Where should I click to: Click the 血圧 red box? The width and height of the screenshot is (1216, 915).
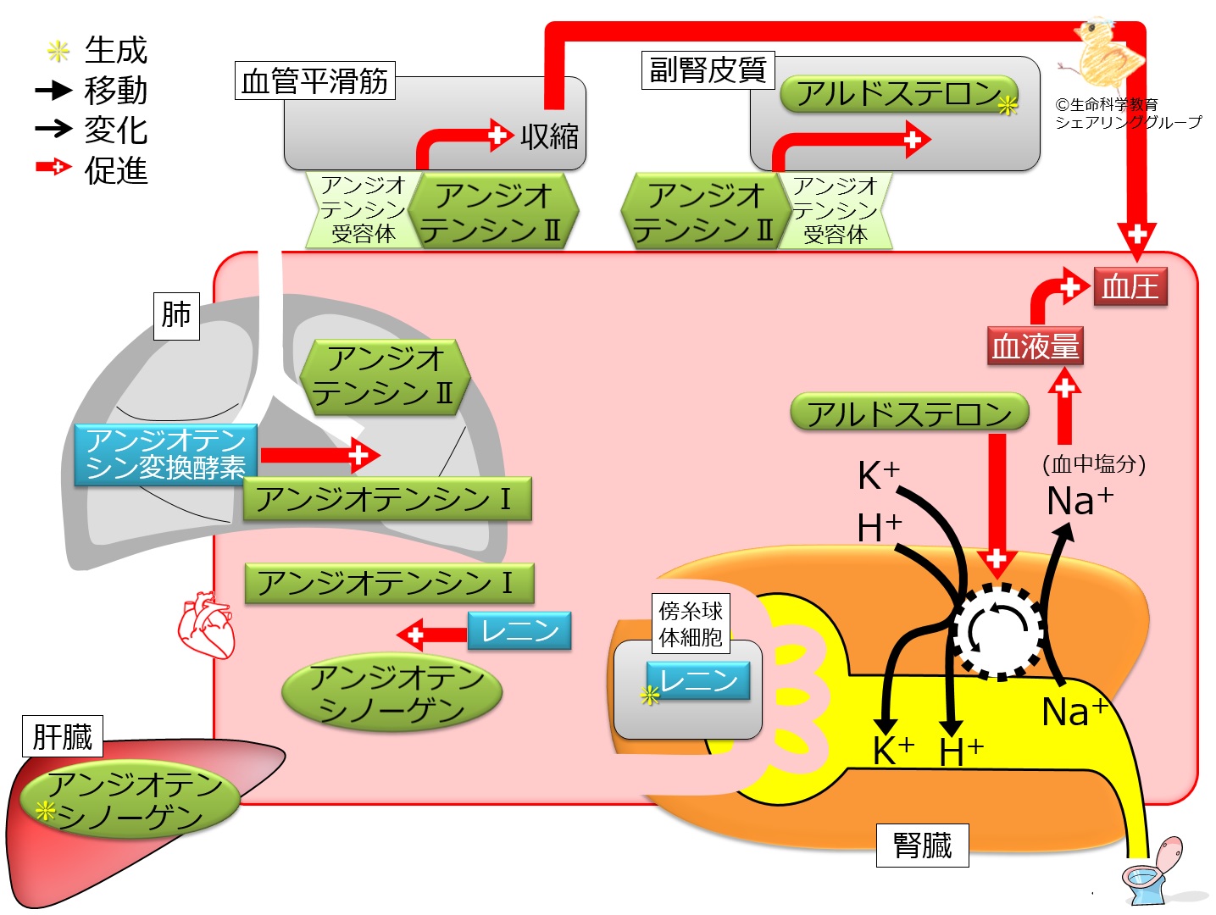pos(1130,286)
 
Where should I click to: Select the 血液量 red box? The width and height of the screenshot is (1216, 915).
pos(1035,346)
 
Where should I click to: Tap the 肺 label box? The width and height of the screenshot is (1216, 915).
pos(176,315)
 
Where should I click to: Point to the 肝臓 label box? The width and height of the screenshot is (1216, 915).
pos(62,735)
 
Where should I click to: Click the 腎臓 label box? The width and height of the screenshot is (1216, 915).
pos(922,845)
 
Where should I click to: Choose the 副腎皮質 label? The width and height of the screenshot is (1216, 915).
pos(708,69)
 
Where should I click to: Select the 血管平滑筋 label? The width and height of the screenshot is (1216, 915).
pos(314,81)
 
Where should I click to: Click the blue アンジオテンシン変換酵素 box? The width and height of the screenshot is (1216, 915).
pos(165,454)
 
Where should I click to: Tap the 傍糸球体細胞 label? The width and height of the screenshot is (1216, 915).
pos(691,623)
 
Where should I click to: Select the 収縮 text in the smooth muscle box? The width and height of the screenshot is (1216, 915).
pos(549,136)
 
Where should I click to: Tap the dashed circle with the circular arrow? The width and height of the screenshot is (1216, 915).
pos(998,631)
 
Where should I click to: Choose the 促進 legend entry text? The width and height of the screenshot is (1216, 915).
pos(116,170)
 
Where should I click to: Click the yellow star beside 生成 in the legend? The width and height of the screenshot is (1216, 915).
pos(58,52)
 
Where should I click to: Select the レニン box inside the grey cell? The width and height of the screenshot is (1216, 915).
pos(698,680)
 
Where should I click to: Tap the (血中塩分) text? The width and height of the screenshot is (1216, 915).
pos(1094,463)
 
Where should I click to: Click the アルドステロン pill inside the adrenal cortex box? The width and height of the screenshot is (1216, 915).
pos(898,93)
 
